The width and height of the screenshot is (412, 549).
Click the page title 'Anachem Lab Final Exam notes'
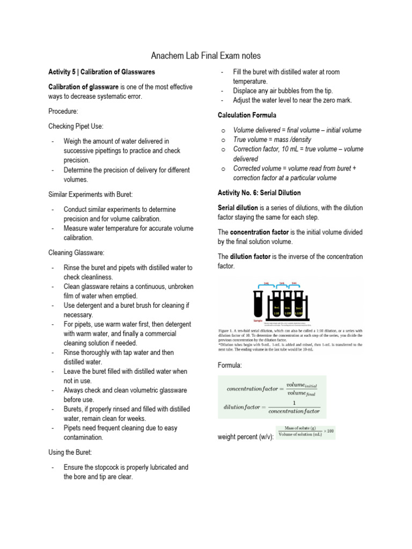[206, 55]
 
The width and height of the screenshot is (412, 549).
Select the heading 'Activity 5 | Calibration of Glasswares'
[101, 72]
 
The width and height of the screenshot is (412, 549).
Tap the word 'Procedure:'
[63, 111]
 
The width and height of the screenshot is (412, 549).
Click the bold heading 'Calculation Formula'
[247, 115]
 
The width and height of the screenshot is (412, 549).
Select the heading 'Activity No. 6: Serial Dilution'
[259, 192]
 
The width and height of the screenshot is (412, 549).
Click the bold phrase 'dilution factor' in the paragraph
[250, 257]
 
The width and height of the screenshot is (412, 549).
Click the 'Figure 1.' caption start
[230, 331]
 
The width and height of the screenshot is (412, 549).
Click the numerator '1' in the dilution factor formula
[293, 402]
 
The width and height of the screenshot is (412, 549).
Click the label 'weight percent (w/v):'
[246, 437]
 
